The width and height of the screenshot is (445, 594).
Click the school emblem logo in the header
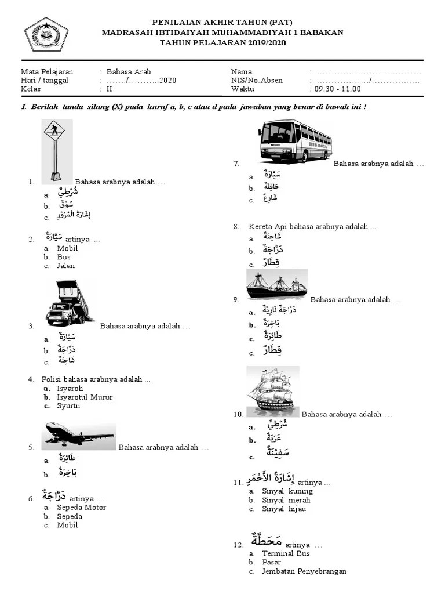46,34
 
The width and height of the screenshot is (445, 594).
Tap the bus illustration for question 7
295,140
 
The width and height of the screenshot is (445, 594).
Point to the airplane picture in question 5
79,436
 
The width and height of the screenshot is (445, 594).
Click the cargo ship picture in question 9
276,284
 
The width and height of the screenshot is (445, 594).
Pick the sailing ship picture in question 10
272,392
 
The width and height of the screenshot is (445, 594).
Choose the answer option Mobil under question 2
67,248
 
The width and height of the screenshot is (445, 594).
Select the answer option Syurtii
68,406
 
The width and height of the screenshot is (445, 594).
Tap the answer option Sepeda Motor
81,508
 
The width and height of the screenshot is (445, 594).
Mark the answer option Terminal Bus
286,554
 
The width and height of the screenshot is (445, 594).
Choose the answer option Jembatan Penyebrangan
304,571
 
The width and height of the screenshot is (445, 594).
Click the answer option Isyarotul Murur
85,397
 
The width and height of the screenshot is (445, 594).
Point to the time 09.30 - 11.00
337,89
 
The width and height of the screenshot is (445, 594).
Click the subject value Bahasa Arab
128,72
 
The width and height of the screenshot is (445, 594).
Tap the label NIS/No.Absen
257,81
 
